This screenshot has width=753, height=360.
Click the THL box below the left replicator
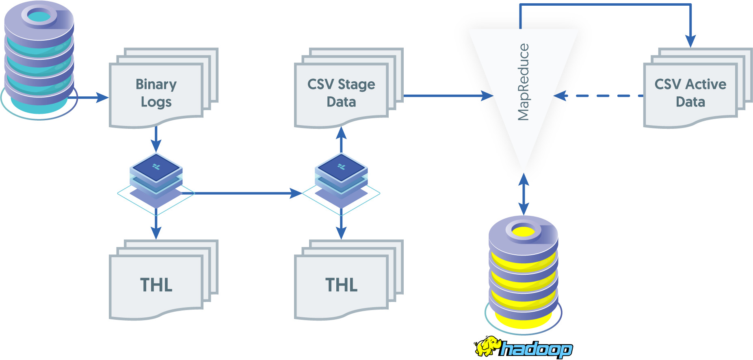(156, 284)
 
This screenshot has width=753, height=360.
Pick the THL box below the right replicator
(341, 284)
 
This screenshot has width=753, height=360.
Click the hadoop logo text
(536, 349)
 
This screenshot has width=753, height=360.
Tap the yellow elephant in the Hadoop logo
(487, 347)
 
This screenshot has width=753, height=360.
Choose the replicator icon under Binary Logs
(156, 179)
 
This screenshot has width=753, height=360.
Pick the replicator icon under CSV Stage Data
(341, 179)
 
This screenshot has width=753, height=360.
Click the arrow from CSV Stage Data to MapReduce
(447, 96)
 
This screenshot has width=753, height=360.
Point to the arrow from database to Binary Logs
(91, 98)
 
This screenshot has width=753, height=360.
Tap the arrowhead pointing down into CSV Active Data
(690, 41)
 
